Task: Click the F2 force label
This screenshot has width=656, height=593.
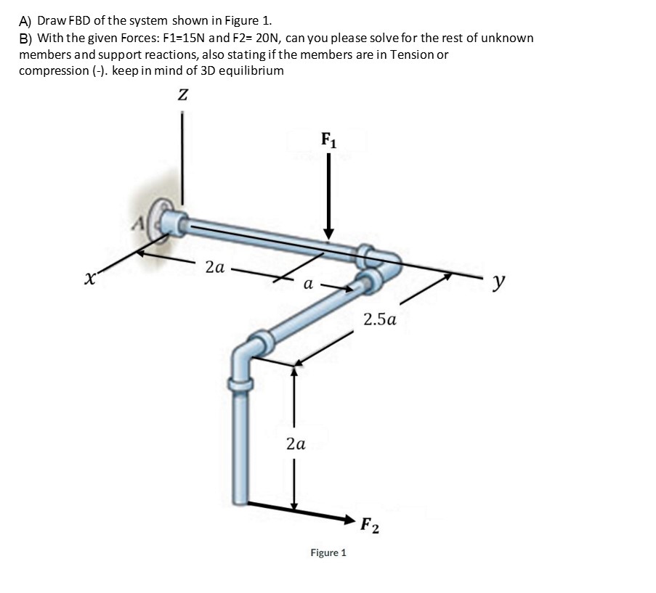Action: [x=369, y=525]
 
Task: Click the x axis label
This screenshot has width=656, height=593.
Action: [x=89, y=278]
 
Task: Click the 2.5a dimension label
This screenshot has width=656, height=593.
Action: [x=380, y=319]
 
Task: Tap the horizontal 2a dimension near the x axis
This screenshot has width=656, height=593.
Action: [x=215, y=267]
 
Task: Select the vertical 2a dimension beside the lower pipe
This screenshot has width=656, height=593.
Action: [x=295, y=443]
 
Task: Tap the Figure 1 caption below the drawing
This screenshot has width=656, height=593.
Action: [x=328, y=553]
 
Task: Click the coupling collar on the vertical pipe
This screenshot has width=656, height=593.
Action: [x=240, y=382]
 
